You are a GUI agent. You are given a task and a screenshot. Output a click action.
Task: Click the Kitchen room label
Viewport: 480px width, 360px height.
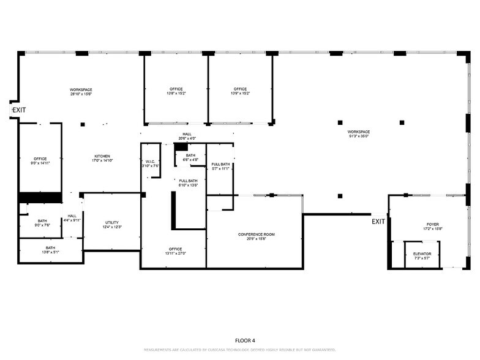pos(102,157)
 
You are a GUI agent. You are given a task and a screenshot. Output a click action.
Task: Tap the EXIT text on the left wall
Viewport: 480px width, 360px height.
pos(19,110)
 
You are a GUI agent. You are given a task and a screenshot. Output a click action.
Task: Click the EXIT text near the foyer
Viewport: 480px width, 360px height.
pos(378,222)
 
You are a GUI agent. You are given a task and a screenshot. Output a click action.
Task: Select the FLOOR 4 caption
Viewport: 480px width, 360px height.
pos(245,340)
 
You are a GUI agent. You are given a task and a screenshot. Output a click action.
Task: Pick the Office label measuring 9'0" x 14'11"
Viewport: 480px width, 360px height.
pos(40,161)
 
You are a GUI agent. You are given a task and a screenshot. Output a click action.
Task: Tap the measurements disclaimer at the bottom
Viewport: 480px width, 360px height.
pos(239,350)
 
